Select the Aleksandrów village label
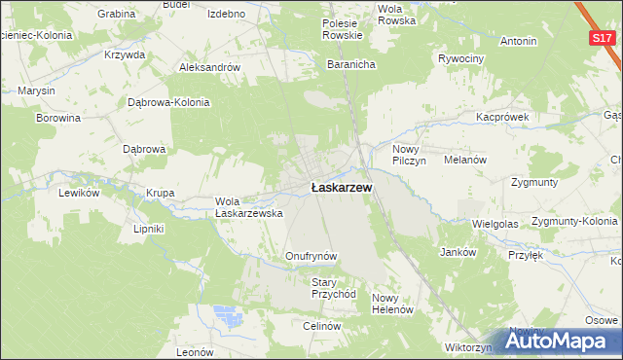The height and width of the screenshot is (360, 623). tap(209, 67)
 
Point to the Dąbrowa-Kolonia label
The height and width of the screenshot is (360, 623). tap(169, 102)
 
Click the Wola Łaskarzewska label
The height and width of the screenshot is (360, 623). tap(248, 207)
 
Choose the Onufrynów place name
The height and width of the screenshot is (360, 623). tap(311, 256)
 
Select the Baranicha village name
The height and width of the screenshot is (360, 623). tap(351, 64)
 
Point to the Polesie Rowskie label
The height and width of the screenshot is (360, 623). tap(343, 29)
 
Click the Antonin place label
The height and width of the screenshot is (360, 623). tap(518, 42)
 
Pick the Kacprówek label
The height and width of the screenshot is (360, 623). tap(501, 116)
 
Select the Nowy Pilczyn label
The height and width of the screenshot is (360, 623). tap(410, 155)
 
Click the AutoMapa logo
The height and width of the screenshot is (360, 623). tap(561, 342)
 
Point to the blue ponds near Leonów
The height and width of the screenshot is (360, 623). tap(229, 316)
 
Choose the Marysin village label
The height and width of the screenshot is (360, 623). tap(37, 91)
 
